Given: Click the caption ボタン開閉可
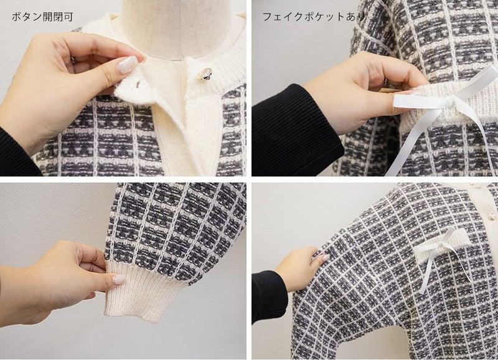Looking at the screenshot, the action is [x=42, y=17].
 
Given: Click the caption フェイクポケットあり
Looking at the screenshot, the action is [x=314, y=17].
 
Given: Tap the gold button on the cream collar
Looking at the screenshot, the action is [x=205, y=74].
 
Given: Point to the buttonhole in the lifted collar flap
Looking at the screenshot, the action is [x=138, y=84].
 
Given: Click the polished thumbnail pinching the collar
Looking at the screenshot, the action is [x=127, y=65].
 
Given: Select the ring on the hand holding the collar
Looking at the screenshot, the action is [x=73, y=59].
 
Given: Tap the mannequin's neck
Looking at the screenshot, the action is [x=176, y=28].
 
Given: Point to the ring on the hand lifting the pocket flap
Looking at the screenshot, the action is [x=385, y=82].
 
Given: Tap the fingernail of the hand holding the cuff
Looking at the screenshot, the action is [x=119, y=279].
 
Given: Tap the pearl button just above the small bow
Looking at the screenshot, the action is [x=492, y=216].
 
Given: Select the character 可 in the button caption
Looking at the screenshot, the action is [x=68, y=17].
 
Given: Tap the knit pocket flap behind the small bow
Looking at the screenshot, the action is [x=443, y=244].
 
